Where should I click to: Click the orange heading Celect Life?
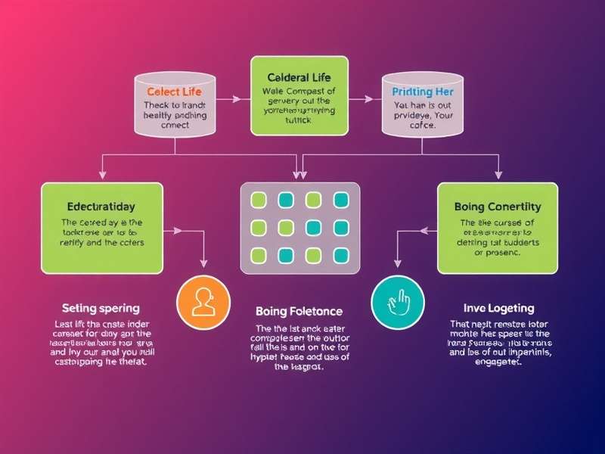pyautogui.click(x=175, y=91)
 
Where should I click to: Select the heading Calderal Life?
pyautogui.click(x=299, y=77)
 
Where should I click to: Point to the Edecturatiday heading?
pyautogui.click(x=102, y=206)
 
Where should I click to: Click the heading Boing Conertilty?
pyautogui.click(x=497, y=206)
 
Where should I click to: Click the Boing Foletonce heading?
pyautogui.click(x=299, y=311)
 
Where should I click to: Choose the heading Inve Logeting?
pyautogui.click(x=498, y=308)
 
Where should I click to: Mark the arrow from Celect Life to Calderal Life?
pyautogui.click(x=237, y=98)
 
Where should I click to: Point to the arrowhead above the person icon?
pyautogui.click(x=203, y=263)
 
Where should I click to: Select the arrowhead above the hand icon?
pyautogui.click(x=397, y=263)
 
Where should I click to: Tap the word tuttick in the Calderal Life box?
pyautogui.click(x=299, y=120)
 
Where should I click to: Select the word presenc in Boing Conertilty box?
pyautogui.click(x=497, y=253)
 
